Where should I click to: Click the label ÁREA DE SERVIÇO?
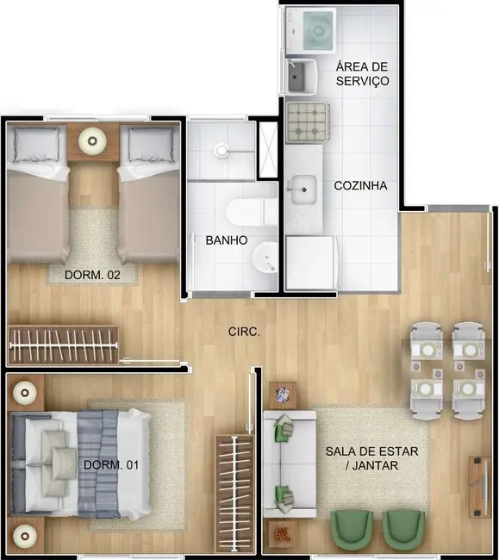point(363,73)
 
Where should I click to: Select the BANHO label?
point(227,240)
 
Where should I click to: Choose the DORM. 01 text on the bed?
point(108,465)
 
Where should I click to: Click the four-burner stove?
point(307,121)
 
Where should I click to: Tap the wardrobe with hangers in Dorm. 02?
point(64,345)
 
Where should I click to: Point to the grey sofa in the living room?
point(283,464)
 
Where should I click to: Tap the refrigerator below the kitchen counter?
point(309,263)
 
